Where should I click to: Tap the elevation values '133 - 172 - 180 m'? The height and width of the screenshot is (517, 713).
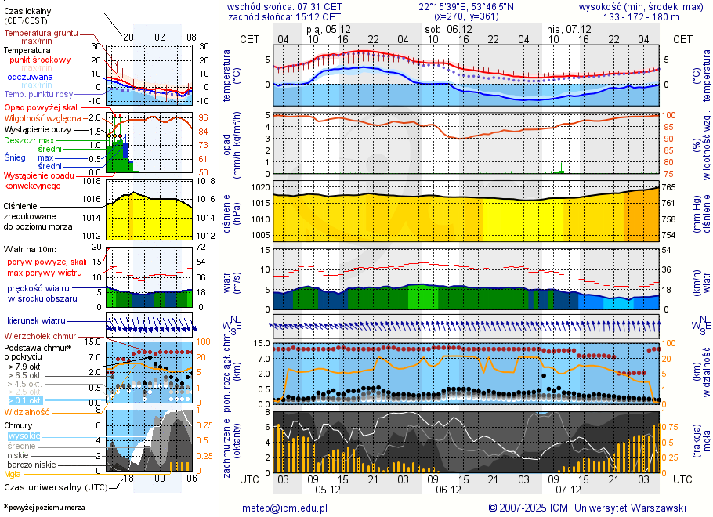tap(641, 16)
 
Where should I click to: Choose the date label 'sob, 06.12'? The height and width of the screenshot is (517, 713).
tap(448, 29)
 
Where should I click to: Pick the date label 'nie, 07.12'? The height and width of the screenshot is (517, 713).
tap(567, 29)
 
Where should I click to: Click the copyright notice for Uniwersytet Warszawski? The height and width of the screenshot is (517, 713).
tap(587, 508)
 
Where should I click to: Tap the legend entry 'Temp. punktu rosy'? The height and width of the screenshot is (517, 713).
tap(38, 94)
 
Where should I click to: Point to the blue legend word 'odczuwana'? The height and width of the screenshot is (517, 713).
tap(30, 78)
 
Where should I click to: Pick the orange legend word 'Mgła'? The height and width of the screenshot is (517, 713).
tap(13, 474)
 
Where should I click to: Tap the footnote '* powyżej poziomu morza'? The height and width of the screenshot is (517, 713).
tap(44, 508)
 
